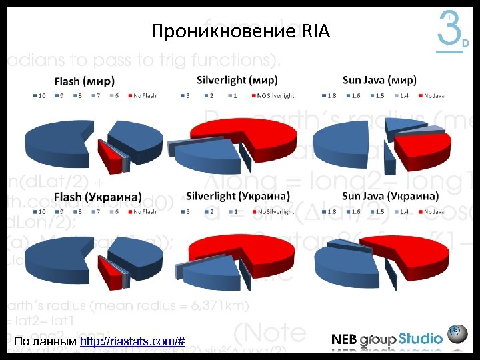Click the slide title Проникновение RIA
pos(240,31)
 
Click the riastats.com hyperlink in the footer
pos(131,342)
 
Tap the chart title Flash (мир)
pos(84,82)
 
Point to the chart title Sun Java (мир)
pos(379,81)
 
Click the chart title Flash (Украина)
pos(97,197)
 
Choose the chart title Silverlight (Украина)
pos(237,197)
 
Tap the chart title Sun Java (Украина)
pos(390,197)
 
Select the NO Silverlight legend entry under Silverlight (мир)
pos(273,96)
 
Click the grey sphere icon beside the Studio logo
pos(458,333)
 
